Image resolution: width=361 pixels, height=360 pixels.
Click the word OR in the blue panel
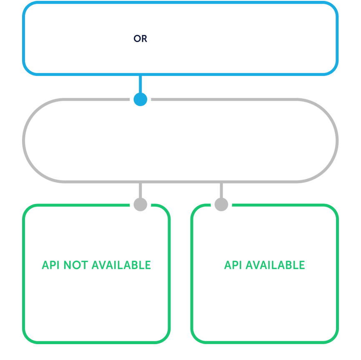[x=140, y=39]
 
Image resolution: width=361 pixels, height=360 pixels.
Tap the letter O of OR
[x=137, y=39]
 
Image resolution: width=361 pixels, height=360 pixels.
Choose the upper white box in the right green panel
[x=264, y=232]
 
